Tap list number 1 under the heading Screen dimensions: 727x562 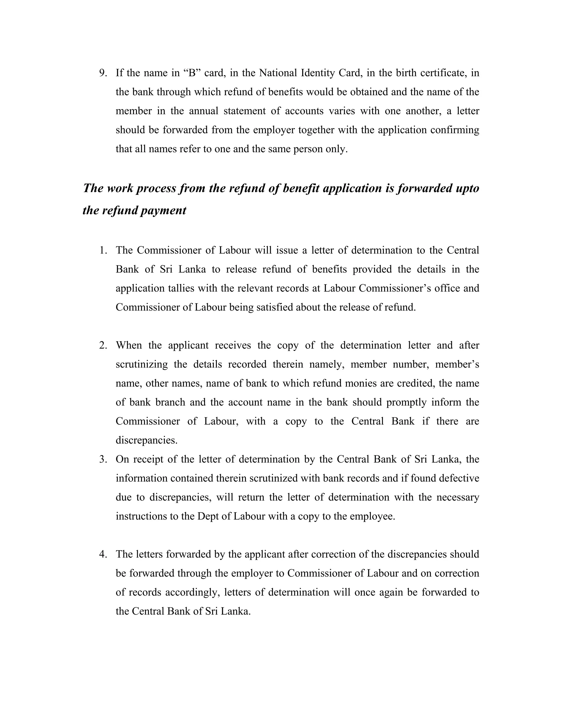pyautogui.click(x=103, y=250)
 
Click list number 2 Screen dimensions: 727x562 pyautogui.click(x=103, y=345)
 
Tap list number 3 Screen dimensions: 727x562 pyautogui.click(x=103, y=459)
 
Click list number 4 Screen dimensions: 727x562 pyautogui.click(x=103, y=554)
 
